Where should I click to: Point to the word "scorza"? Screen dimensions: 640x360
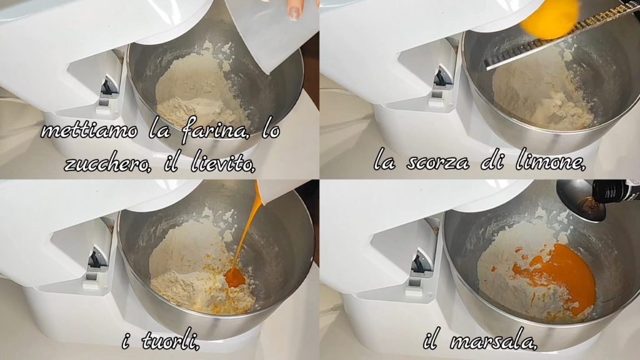tap(437, 163)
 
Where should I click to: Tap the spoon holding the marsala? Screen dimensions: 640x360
tap(579, 201)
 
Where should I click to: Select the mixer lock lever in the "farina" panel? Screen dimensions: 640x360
tap(107, 87)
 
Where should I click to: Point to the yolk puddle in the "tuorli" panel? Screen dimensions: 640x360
tap(235, 277)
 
